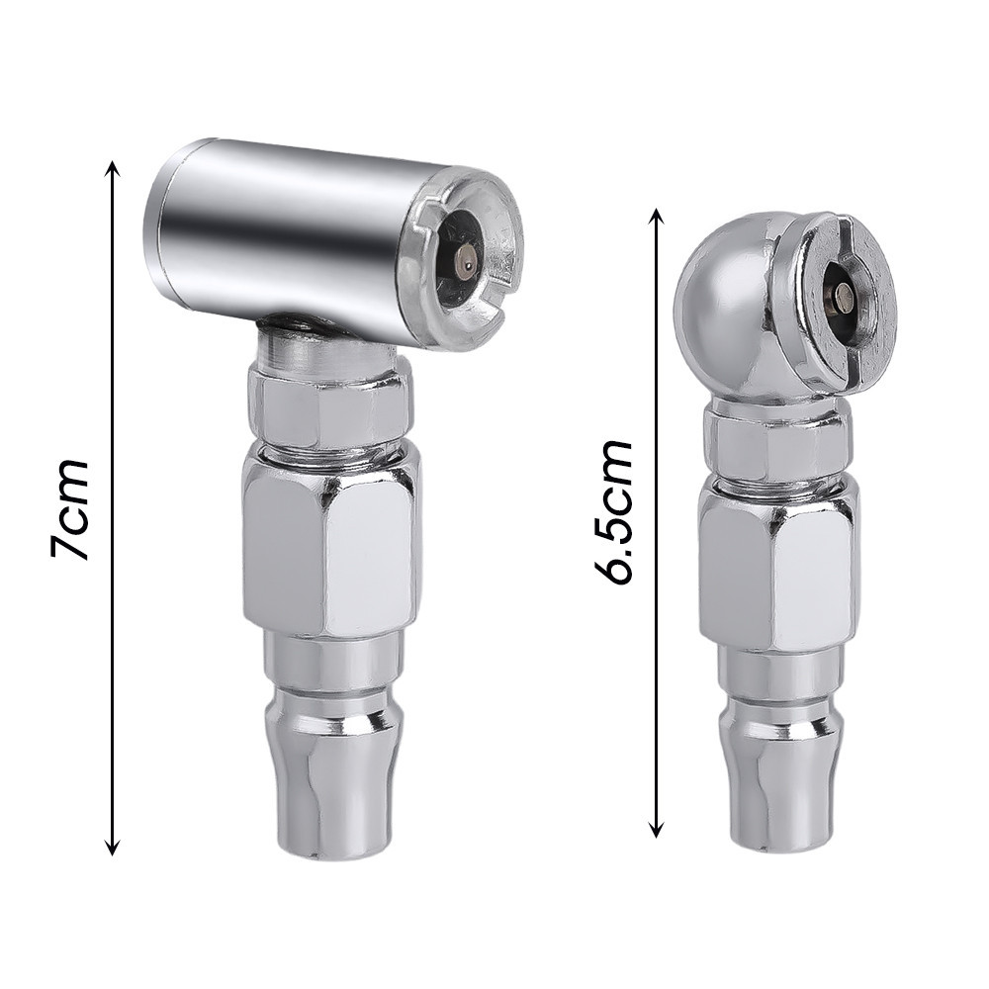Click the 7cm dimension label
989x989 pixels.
pyautogui.click(x=69, y=509)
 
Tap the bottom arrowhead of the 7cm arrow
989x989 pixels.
pyautogui.click(x=113, y=846)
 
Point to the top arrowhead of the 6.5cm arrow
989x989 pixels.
pyautogui.click(x=657, y=217)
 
